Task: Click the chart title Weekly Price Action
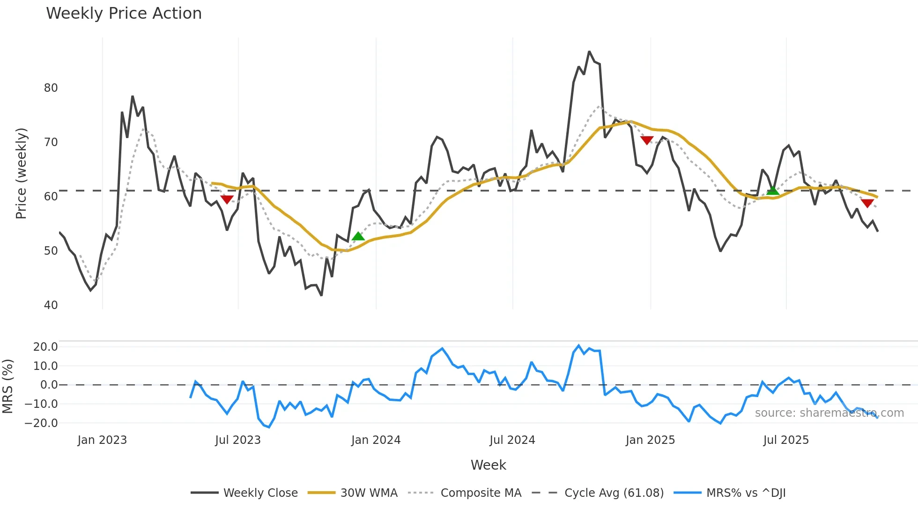coord(124,14)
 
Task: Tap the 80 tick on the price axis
coord(51,88)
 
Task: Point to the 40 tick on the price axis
coord(51,305)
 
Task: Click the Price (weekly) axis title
coord(22,174)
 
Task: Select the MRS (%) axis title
coord(8,386)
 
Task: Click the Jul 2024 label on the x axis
coord(512,440)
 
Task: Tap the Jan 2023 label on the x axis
coord(102,440)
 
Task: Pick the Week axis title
coord(488,465)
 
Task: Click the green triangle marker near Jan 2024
coord(358,236)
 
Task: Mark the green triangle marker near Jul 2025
coord(773,191)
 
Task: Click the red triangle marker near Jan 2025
coord(647,140)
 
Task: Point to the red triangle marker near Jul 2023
coord(227,199)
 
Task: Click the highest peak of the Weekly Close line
coord(589,52)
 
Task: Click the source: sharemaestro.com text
coord(829,413)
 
